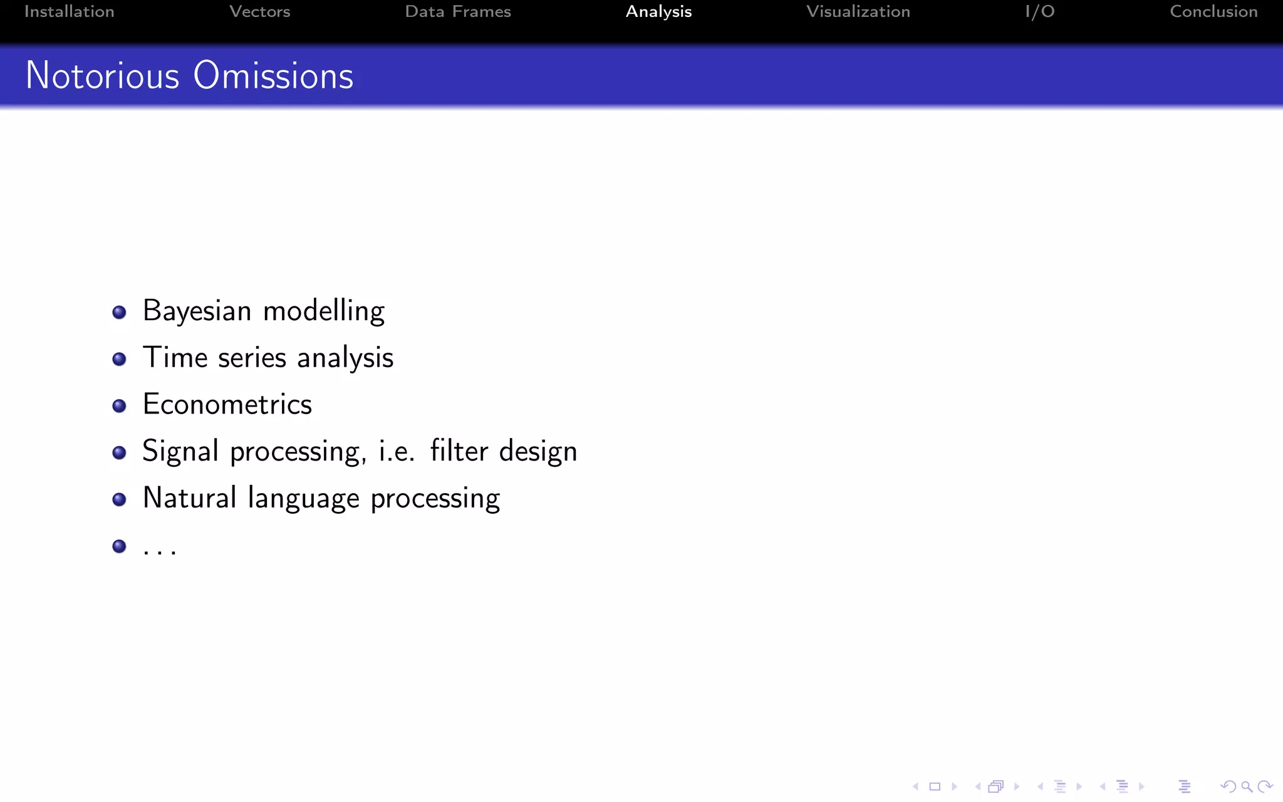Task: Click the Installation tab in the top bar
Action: pyautogui.click(x=69, y=12)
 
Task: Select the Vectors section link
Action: pyautogui.click(x=259, y=12)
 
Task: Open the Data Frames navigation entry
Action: pyautogui.click(x=458, y=12)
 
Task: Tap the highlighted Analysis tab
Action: pyautogui.click(x=658, y=12)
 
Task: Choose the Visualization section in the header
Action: pyautogui.click(x=858, y=12)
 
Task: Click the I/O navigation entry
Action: pyautogui.click(x=1040, y=12)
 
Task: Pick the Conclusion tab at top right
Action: pyautogui.click(x=1213, y=12)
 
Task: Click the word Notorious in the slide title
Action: pyautogui.click(x=103, y=76)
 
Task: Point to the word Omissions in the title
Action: pyautogui.click(x=273, y=76)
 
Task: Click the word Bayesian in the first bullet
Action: pyautogui.click(x=197, y=311)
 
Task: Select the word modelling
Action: pyautogui.click(x=324, y=311)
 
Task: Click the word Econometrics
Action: pyautogui.click(x=227, y=404)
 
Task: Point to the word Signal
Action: pyautogui.click(x=180, y=452)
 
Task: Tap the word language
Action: pyautogui.click(x=304, y=499)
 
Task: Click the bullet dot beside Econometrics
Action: pyautogui.click(x=119, y=406)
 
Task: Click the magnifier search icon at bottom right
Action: pyautogui.click(x=1247, y=786)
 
